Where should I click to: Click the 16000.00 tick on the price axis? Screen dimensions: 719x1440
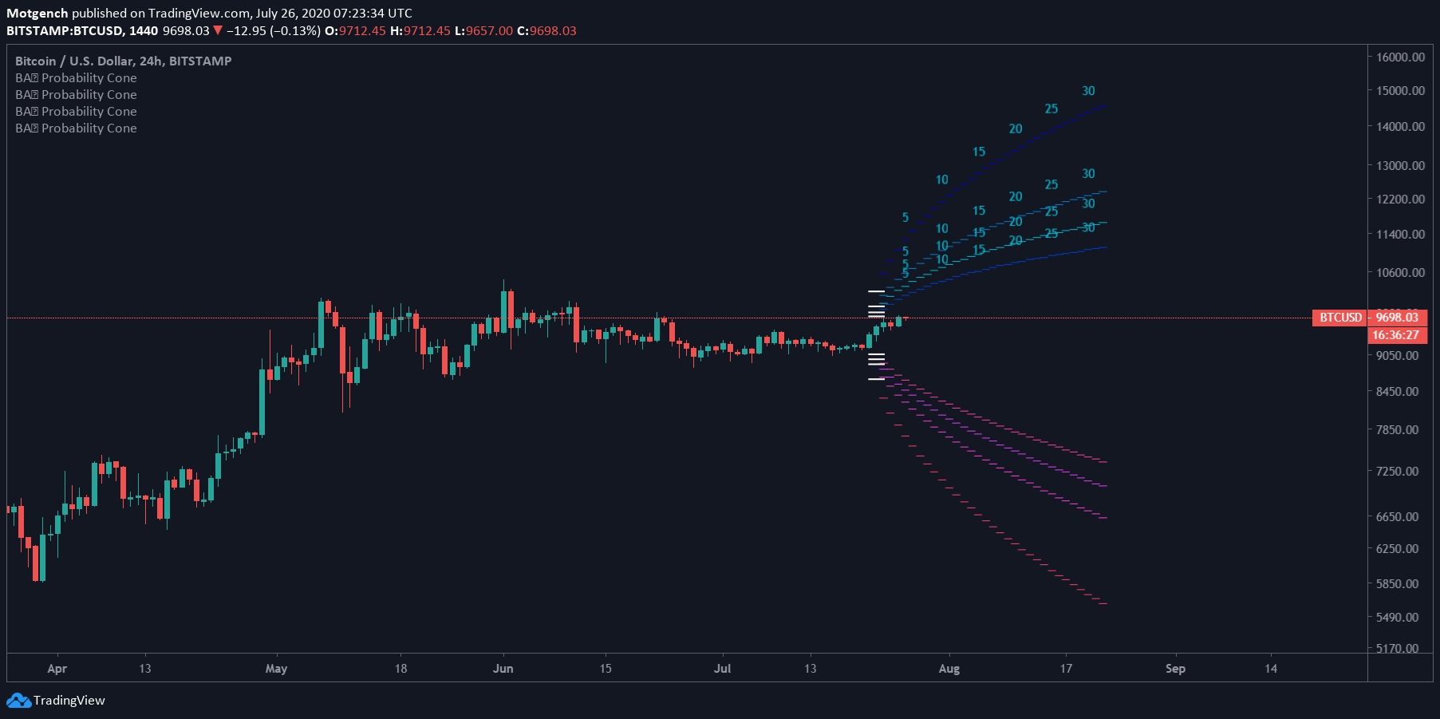1400,57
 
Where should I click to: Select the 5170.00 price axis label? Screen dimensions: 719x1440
1397,649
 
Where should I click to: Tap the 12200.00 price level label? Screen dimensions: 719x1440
1400,200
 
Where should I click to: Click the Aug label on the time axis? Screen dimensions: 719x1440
949,669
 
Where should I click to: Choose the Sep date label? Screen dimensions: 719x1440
1175,669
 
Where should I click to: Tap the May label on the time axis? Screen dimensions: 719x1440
276,669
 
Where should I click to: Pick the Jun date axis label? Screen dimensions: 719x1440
503,669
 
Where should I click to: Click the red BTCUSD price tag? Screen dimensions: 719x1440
1340,318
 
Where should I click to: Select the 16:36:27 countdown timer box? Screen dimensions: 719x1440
1396,335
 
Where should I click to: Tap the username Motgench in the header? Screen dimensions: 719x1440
37,13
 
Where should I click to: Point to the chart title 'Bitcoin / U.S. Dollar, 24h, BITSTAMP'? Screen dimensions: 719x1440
123,61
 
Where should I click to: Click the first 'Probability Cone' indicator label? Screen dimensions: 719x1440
76,78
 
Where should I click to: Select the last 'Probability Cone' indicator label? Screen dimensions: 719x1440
76,128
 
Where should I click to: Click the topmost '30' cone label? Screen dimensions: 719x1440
1088,91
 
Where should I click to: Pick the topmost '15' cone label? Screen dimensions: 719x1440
979,152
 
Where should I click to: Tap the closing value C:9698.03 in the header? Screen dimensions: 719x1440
546,31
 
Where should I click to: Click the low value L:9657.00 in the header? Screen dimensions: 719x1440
483,31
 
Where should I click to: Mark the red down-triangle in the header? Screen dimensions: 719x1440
218,31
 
